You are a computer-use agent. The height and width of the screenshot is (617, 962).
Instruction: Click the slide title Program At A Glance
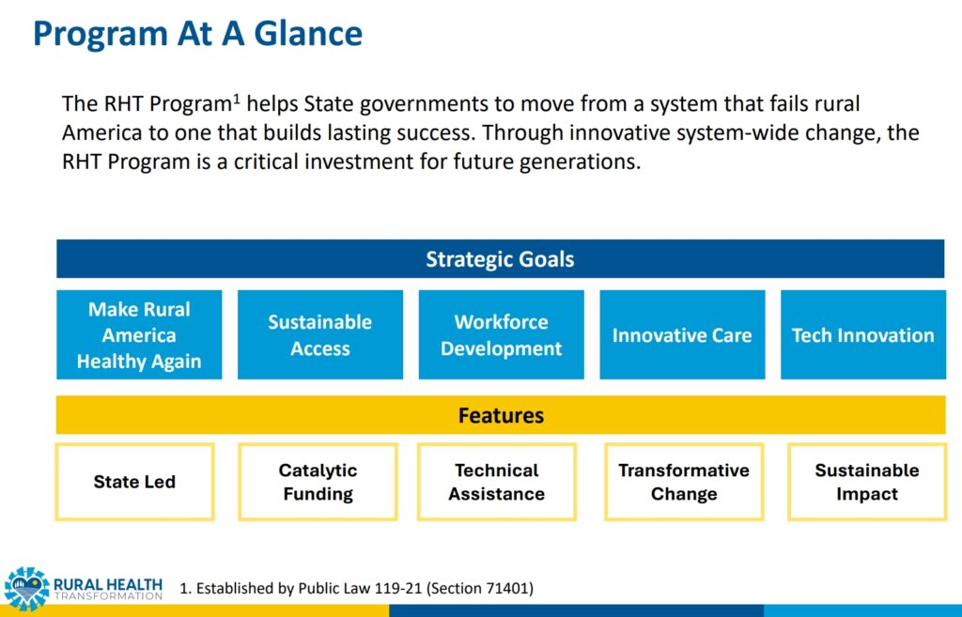coord(197,34)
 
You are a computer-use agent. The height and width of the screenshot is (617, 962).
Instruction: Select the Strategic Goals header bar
coord(500,259)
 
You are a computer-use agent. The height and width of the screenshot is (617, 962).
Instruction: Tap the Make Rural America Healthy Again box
coord(139,335)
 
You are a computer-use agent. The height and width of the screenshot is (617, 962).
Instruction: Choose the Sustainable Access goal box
coord(319,335)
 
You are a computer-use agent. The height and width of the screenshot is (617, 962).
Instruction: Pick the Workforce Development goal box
coord(501,335)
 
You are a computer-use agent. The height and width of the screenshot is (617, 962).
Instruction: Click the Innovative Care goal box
coord(682,335)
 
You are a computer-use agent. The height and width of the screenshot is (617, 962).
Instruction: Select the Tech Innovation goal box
coord(862,335)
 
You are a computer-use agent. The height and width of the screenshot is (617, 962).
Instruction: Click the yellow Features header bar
coord(500,415)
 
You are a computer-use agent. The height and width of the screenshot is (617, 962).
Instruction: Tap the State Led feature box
coord(134,482)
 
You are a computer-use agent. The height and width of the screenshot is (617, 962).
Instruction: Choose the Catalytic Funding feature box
coord(318,482)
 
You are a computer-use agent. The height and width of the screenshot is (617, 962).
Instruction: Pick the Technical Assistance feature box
coord(496,482)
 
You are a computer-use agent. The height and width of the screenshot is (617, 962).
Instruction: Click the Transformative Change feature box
coord(684,482)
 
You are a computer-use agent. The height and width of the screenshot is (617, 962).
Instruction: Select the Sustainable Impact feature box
coord(867,482)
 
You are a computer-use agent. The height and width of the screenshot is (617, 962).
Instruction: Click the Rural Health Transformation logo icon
coord(26,588)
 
